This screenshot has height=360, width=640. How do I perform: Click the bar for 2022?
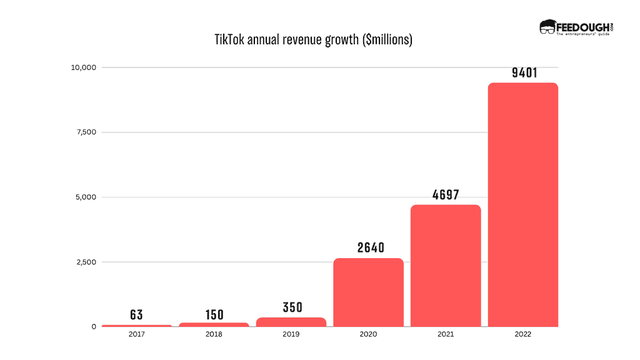[522, 204]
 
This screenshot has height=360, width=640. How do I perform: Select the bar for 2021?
[446, 265]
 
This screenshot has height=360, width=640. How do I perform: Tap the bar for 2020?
[368, 292]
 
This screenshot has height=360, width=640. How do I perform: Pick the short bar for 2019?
[291, 322]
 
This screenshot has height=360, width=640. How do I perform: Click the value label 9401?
[523, 72]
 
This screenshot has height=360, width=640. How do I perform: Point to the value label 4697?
[446, 194]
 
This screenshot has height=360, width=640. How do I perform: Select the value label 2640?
[369, 247]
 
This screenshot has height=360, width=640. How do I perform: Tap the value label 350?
[291, 307]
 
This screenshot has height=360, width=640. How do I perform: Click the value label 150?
[214, 314]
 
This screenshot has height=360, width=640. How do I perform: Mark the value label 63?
[137, 315]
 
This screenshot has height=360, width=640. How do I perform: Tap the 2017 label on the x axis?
[137, 334]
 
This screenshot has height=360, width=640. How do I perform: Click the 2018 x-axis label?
[214, 334]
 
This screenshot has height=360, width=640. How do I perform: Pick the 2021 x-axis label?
[446, 334]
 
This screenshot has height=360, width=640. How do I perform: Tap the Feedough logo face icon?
[547, 27]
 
